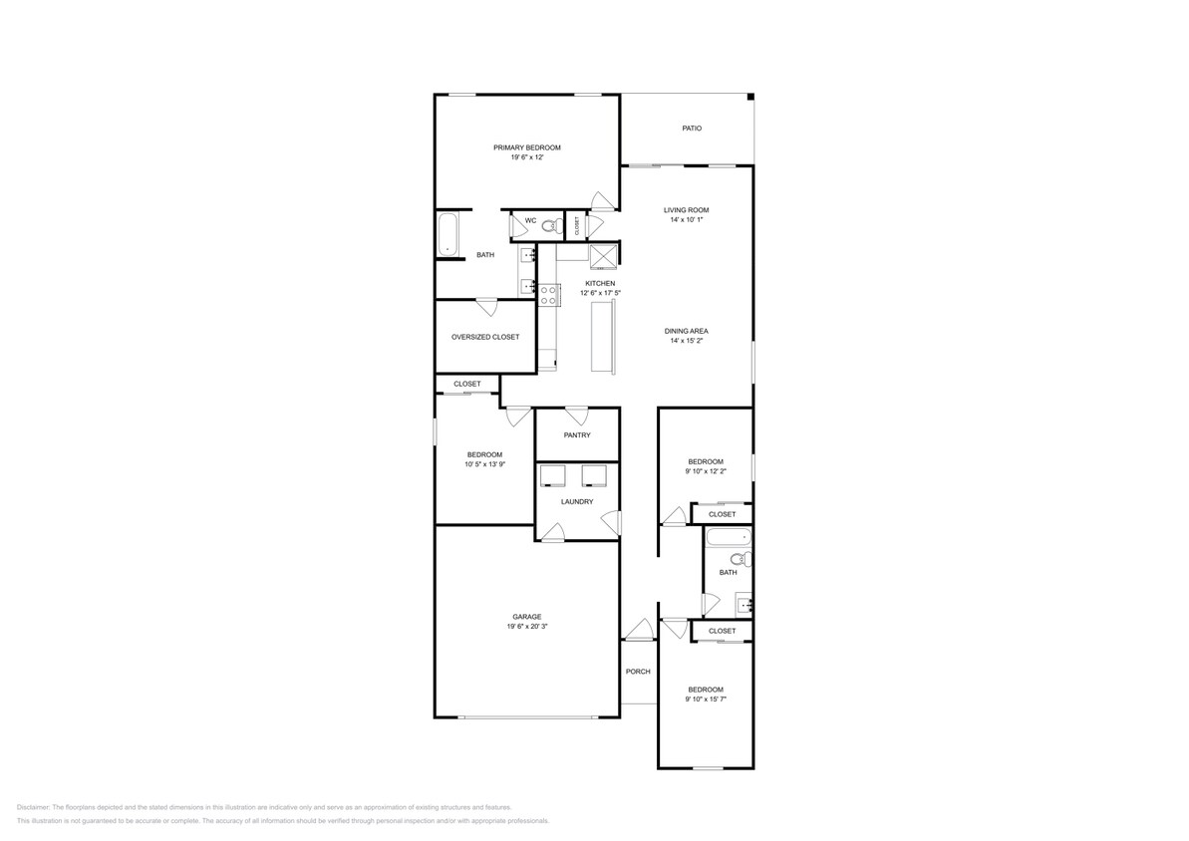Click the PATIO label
[692, 129]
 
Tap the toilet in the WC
[548, 227]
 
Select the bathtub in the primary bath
[447, 234]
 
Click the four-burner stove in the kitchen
[547, 294]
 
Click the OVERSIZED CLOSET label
[484, 337]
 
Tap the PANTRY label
[577, 435]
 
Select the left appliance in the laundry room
[553, 474]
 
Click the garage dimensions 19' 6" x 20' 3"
[527, 628]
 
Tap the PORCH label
[638, 672]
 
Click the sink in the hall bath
[743, 603]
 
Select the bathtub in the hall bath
[728, 539]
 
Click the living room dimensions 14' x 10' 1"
[687, 219]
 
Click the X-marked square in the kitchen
[603, 256]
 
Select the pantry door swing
[576, 417]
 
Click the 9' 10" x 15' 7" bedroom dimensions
[705, 700]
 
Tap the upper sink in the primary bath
[527, 256]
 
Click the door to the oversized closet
[486, 307]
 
